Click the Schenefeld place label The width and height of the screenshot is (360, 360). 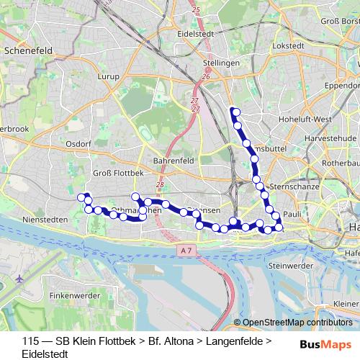pos(24,52)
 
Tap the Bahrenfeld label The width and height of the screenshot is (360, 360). pos(171,161)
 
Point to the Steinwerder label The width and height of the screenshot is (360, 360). pos(288,266)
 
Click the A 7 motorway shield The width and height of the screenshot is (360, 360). pos(186,250)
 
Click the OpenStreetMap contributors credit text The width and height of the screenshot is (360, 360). pos(297,323)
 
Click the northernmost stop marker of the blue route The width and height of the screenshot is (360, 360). pos(233,111)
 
